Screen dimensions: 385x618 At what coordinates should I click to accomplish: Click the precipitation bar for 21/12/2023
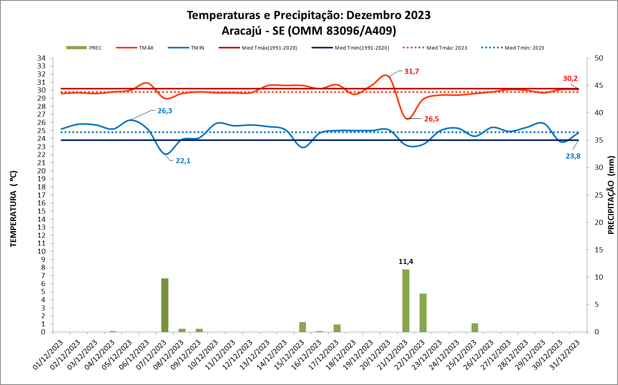tap(406, 301)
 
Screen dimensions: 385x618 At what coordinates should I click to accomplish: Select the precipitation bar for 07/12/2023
tap(165, 305)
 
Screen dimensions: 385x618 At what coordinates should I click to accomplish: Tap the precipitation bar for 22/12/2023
tap(423, 312)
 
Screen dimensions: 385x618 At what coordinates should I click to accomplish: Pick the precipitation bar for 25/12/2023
tap(475, 328)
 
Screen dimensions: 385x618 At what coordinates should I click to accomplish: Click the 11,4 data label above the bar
tap(406, 262)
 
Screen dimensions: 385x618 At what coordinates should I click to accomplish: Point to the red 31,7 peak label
tap(411, 71)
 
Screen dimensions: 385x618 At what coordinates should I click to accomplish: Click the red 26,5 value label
tap(432, 119)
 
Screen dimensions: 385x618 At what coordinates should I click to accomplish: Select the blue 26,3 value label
tap(164, 111)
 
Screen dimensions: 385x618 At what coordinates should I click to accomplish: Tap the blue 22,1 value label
tap(183, 161)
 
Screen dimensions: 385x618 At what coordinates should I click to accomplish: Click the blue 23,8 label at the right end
tap(573, 156)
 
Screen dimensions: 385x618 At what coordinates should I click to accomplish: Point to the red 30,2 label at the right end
tap(570, 78)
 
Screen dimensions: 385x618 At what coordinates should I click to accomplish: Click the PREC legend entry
tap(84, 48)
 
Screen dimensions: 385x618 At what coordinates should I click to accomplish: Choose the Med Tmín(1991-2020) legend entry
tap(350, 48)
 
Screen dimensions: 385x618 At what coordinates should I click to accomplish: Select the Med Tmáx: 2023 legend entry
tap(435, 48)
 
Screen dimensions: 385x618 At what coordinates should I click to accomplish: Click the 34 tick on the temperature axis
tap(41, 58)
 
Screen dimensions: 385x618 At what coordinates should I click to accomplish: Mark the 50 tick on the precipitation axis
tap(598, 58)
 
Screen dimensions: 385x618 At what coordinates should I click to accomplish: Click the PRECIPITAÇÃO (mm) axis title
tap(611, 195)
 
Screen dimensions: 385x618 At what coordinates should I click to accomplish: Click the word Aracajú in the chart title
tap(241, 31)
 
